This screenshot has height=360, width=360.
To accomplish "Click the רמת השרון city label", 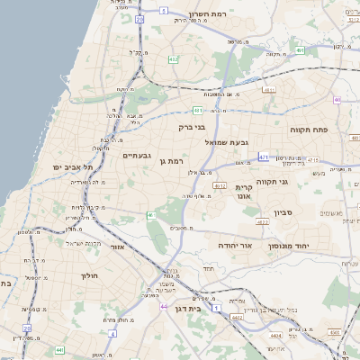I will [x=211, y=14].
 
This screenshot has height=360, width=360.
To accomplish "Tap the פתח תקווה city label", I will [x=310, y=130].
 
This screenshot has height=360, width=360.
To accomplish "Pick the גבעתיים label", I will [x=137, y=155].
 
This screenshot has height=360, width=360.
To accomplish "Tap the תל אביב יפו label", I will [x=68, y=167].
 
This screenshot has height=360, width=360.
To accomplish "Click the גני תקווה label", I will [x=271, y=181].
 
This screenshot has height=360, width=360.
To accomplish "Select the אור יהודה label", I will [x=236, y=244].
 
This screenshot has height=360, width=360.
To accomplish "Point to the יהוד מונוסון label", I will [x=314, y=244].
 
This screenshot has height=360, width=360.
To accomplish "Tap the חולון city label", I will [x=88, y=275].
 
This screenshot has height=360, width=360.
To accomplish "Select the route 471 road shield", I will [x=264, y=157].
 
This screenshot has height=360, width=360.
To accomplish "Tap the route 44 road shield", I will [x=164, y=307].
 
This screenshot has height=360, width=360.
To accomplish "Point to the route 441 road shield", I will [x=59, y=349].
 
